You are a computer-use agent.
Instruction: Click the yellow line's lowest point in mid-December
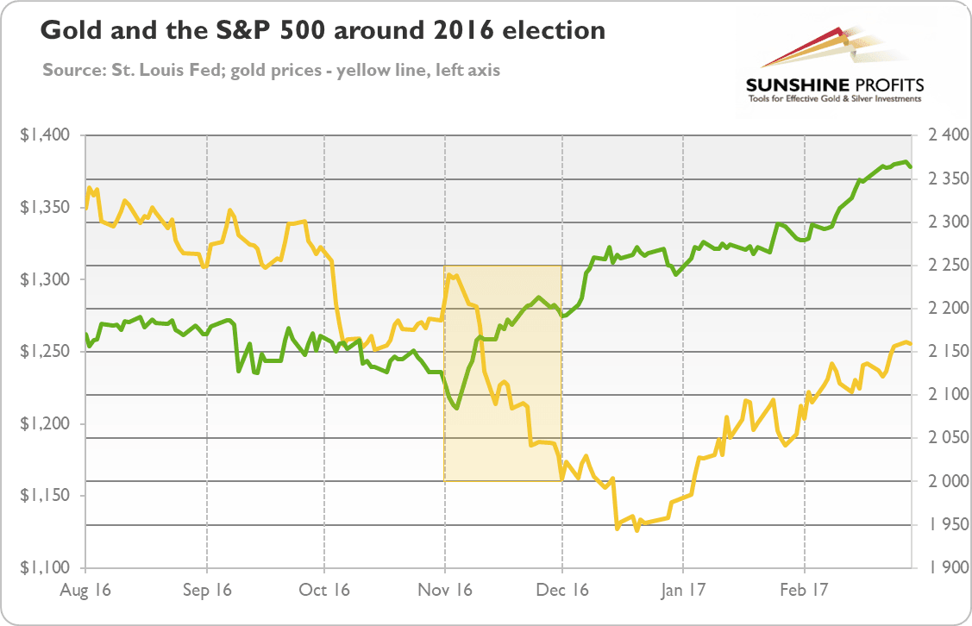[x=637, y=530]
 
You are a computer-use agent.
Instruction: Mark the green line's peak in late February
[x=905, y=162]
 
